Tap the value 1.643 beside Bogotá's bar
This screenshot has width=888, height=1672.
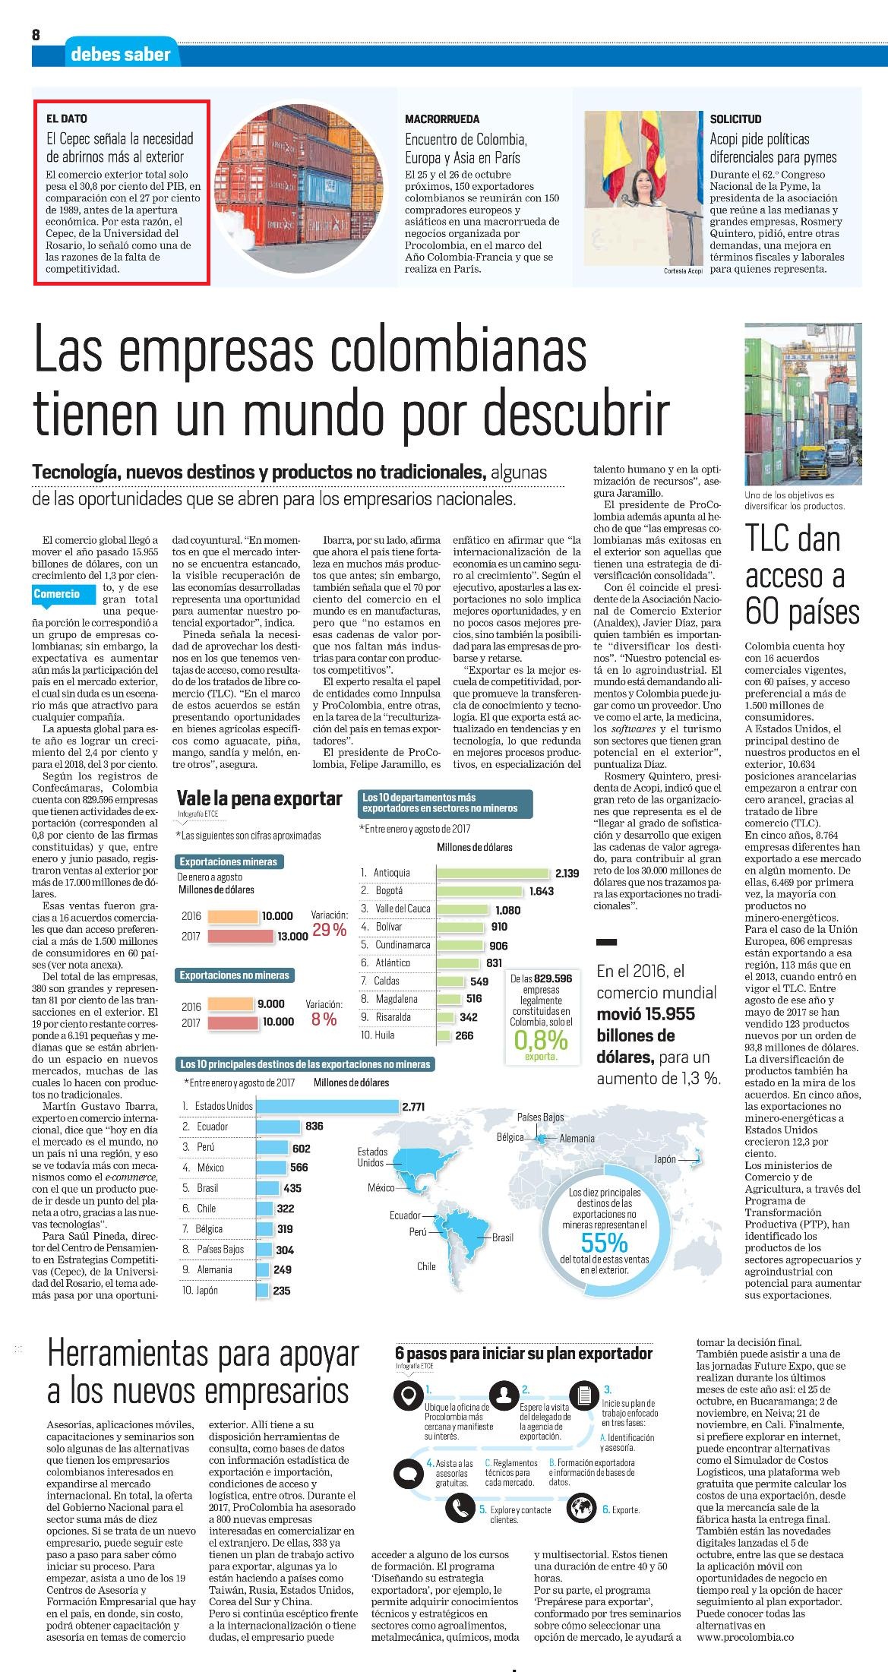[x=542, y=891]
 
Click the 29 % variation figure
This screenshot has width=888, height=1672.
[x=330, y=930]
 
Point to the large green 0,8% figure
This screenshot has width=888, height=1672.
[x=541, y=1040]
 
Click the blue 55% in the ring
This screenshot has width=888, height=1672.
[x=604, y=1241]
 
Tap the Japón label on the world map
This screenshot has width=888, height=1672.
[x=665, y=1159]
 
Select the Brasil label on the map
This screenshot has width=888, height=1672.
[x=503, y=1237]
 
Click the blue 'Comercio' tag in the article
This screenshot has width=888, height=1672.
[x=57, y=593]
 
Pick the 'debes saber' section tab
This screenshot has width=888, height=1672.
[x=121, y=54]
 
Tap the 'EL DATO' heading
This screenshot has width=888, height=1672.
[x=67, y=119]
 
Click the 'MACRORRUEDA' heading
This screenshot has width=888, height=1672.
[x=442, y=119]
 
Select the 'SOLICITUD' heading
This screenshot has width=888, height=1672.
[x=735, y=119]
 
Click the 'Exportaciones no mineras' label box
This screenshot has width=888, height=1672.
[x=235, y=975]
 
